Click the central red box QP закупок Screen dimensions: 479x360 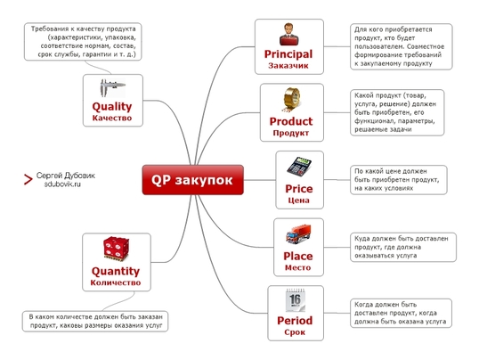pyautogui.click(x=193, y=180)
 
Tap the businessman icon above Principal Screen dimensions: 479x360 pyautogui.click(x=288, y=34)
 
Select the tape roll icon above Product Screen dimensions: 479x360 pyautogui.click(x=291, y=100)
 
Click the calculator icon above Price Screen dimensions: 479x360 pyautogui.click(x=299, y=167)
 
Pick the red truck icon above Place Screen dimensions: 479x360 pyautogui.click(x=298, y=234)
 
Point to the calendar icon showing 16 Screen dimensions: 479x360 pyautogui.click(x=296, y=300)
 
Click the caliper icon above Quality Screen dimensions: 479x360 pyautogui.click(x=112, y=88)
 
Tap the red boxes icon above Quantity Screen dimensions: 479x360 pyautogui.click(x=116, y=249)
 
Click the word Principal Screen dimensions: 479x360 pyautogui.click(x=288, y=54)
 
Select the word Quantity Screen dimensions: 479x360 pyautogui.click(x=116, y=271)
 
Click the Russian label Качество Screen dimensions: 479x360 pyautogui.click(x=112, y=118)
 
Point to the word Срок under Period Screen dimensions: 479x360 pyautogui.click(x=295, y=332)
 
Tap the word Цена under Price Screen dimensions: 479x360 pyautogui.click(x=299, y=200)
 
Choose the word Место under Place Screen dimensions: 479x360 pyautogui.click(x=298, y=267)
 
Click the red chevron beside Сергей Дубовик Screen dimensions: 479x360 pyautogui.click(x=28, y=179)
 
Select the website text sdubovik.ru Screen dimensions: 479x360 pyautogui.click(x=62, y=184)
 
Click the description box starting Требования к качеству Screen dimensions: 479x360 pyautogui.click(x=83, y=42)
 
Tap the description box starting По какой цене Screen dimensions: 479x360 pyautogui.click(x=399, y=180)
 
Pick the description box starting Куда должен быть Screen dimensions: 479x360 pyautogui.click(x=403, y=247)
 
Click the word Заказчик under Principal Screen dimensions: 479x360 pyautogui.click(x=288, y=66)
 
